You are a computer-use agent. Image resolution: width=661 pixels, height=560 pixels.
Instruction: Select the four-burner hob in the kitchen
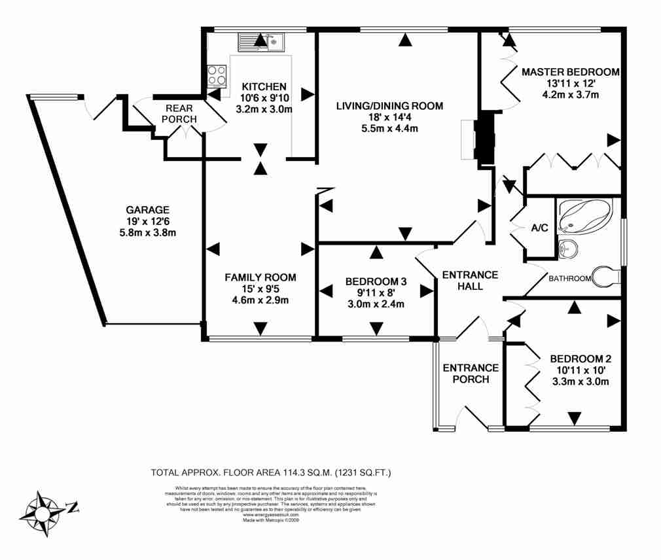[217, 76]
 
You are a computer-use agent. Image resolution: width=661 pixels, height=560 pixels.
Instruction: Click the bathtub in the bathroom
[586, 216]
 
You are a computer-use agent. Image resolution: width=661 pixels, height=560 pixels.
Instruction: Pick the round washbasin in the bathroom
[569, 249]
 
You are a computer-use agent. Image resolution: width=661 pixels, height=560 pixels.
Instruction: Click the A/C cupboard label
[539, 228]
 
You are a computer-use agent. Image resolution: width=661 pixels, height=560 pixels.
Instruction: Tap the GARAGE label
[147, 210]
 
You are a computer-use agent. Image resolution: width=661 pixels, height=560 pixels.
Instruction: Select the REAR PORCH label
[180, 114]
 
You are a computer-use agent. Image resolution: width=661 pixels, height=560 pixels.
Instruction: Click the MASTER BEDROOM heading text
[570, 72]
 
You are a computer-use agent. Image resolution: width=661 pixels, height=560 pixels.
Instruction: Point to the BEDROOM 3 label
[376, 282]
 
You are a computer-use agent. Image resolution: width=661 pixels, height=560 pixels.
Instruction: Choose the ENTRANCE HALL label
[470, 280]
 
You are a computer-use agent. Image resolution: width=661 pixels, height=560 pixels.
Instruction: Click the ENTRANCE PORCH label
[471, 374]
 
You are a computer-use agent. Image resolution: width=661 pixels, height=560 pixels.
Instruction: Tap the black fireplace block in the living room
[485, 138]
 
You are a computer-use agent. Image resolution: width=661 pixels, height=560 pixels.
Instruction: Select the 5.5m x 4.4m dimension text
[389, 129]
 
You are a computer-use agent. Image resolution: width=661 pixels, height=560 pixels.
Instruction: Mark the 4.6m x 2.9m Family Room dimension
[260, 300]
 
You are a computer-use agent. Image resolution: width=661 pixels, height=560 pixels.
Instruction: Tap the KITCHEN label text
[264, 86]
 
